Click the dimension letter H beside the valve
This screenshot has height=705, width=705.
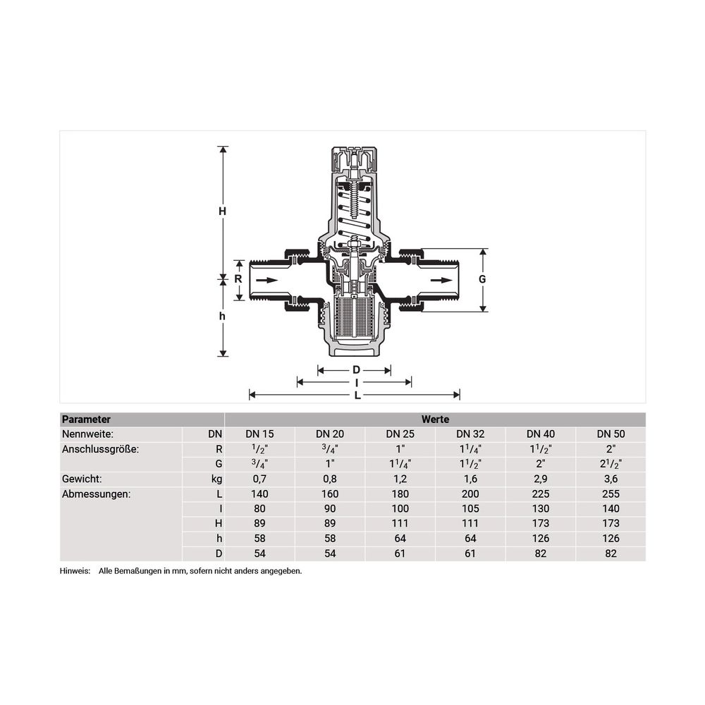(x=222, y=211)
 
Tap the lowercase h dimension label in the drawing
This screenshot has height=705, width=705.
(x=222, y=316)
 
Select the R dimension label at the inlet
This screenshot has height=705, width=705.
(x=238, y=278)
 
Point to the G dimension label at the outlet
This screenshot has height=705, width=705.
(x=482, y=279)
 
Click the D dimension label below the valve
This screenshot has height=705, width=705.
(x=356, y=370)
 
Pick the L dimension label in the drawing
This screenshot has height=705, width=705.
(x=357, y=396)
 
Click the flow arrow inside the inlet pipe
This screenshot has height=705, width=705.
(x=267, y=281)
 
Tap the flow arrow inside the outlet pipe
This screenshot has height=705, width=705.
(x=441, y=281)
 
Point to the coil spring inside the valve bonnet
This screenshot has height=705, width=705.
(x=355, y=211)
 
